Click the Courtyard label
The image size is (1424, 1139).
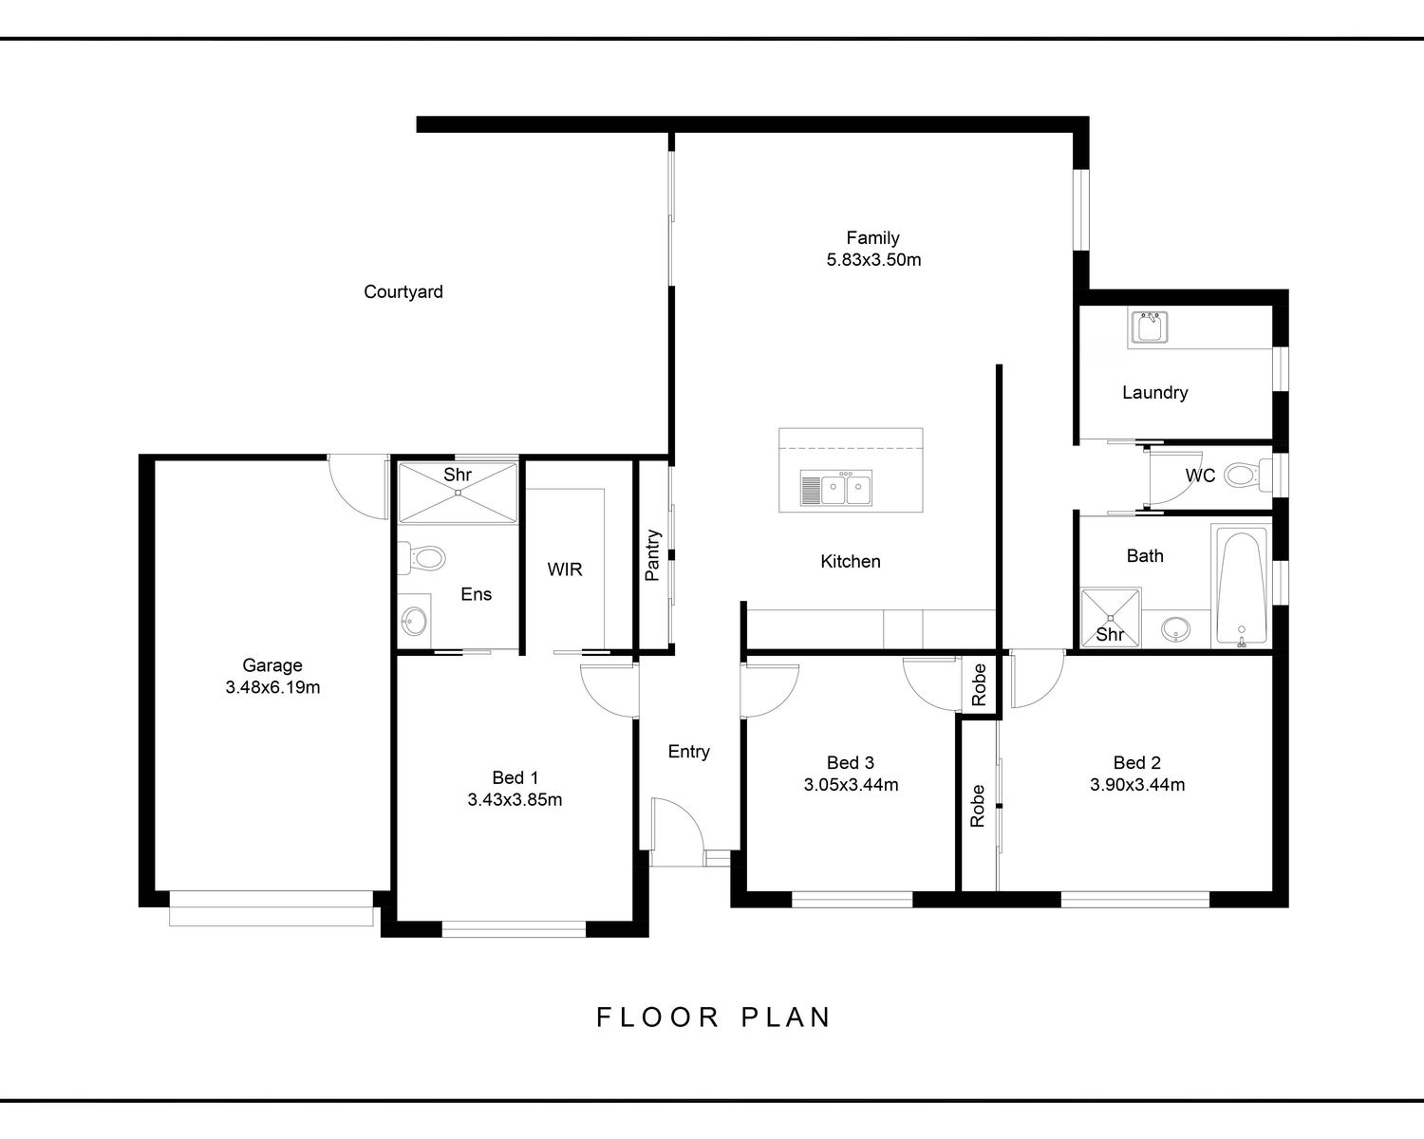coord(403,291)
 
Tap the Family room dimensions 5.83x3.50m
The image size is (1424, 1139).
coord(873,259)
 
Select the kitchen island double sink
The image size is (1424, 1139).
coord(835,488)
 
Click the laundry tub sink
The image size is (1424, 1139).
coord(1149,327)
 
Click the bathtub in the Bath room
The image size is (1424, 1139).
coord(1241,587)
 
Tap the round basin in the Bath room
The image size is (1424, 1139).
coord(1175,628)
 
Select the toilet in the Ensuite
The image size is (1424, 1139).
coord(422,558)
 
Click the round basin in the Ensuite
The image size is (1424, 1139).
coord(414,622)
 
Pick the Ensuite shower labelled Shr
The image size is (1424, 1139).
coord(458,493)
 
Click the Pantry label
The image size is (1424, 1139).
coord(652,554)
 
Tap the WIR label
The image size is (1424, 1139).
coord(565,569)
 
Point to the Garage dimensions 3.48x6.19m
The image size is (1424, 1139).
coord(272,687)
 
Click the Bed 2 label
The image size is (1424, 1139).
coord(1136,762)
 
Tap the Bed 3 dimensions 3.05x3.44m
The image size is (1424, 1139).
coord(851,785)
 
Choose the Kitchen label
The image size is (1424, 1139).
coord(851,561)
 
